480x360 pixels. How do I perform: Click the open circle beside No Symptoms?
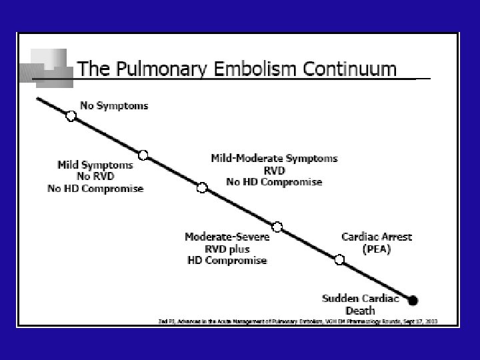tap(71, 115)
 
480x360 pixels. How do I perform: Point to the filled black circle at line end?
tap(413, 300)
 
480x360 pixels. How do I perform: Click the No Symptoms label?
tap(114, 105)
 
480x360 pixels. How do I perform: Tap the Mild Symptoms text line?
tap(95, 165)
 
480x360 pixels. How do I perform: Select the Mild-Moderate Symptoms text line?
tap(274, 159)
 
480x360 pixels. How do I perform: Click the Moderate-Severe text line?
tap(227, 237)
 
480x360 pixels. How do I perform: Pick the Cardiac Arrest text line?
tap(377, 237)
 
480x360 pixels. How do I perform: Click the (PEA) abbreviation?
tap(377, 249)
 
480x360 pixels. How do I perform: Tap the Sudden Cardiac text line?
tap(359, 298)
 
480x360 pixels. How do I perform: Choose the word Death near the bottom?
tap(360, 310)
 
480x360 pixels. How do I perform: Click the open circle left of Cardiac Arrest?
tap(339, 259)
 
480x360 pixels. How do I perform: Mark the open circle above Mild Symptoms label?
tap(143, 155)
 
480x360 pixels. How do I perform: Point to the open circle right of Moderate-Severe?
tap(277, 227)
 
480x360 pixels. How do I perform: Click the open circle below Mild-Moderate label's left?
tap(202, 187)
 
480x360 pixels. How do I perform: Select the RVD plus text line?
tap(227, 249)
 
